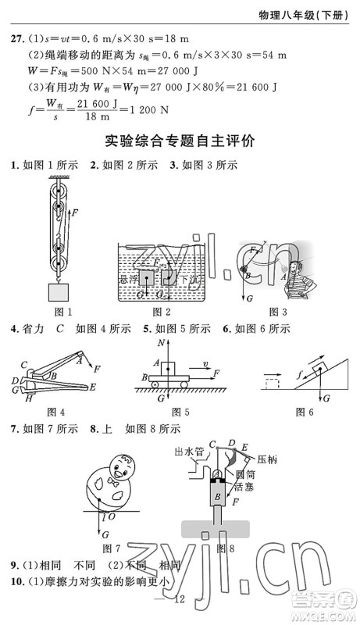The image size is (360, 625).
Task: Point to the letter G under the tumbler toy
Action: point(104,533)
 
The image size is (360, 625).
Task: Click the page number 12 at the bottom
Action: point(179,599)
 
